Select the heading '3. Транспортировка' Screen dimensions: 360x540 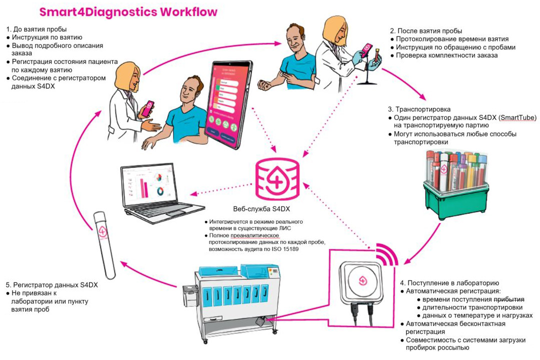pyautogui.click(x=419, y=109)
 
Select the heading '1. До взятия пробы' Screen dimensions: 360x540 pyautogui.click(x=36, y=29)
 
